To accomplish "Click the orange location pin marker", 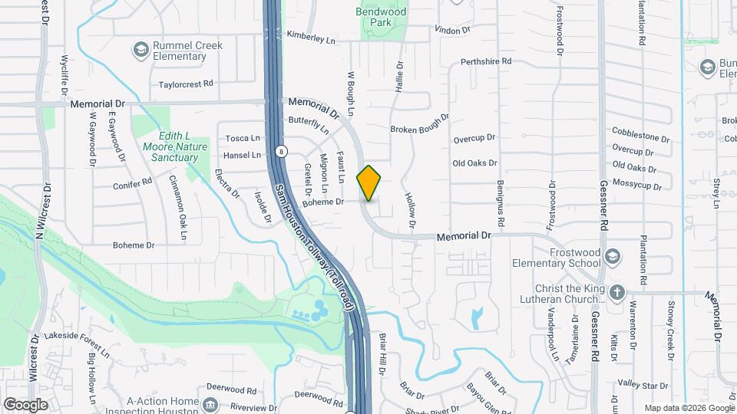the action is pos(369,182).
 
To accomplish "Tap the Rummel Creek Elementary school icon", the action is pos(140,51).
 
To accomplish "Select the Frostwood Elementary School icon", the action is pos(613,255).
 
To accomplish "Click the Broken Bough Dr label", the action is pos(419,130).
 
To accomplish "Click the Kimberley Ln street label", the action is pos(311,36).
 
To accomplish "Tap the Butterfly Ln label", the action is pos(308,123).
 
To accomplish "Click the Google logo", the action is pos(25,404).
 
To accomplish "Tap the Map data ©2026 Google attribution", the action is pos(689,408).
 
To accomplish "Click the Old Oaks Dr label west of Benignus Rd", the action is pos(475,163).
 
